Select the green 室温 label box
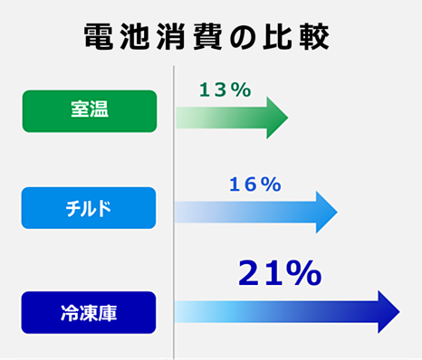tap(89, 110)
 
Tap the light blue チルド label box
tap(89, 208)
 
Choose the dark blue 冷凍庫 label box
tap(89, 312)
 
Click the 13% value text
tap(225, 90)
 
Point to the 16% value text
tap(255, 185)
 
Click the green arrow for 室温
tap(231, 118)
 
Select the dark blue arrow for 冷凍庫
tap(285, 312)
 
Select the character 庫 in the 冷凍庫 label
tap(109, 313)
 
